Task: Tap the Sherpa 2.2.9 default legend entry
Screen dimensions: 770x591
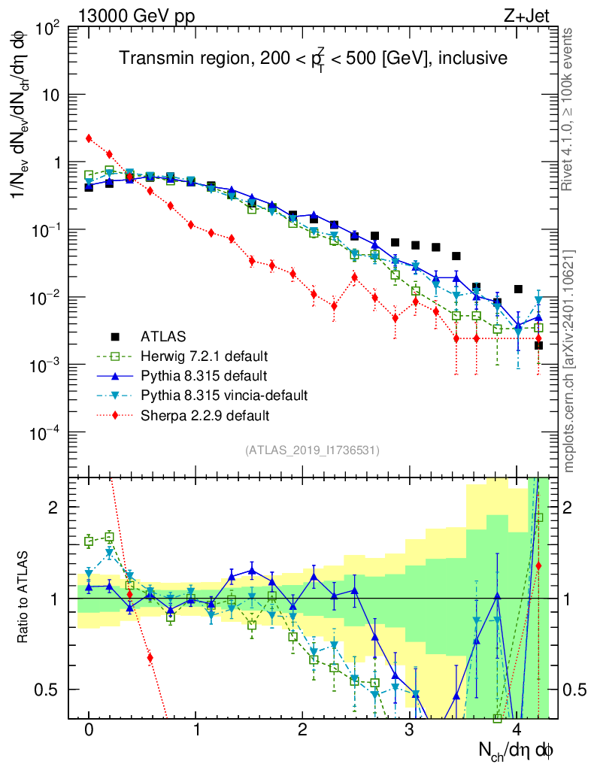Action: click(x=205, y=414)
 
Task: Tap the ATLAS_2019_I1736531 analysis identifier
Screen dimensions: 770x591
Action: click(x=312, y=450)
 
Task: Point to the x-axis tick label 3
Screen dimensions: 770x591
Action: click(x=409, y=730)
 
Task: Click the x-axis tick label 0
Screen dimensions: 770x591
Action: click(x=89, y=730)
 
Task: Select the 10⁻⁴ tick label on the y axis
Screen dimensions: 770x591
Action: click(x=47, y=432)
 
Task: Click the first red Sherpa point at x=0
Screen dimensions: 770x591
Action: click(x=89, y=138)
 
